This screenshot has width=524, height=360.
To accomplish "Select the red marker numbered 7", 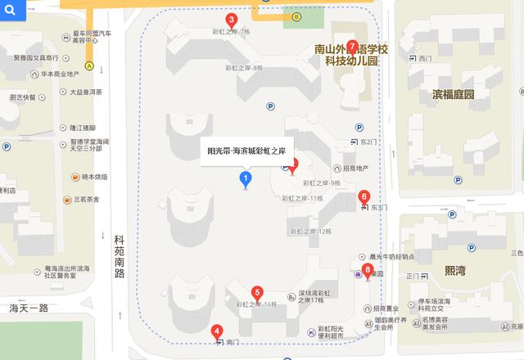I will (x=351, y=47).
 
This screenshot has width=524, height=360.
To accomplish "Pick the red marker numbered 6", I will (x=364, y=197).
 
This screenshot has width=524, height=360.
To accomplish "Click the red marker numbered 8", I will (x=367, y=270).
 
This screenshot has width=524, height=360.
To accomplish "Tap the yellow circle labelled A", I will (x=88, y=65).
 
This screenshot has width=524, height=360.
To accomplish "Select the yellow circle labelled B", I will (x=296, y=16).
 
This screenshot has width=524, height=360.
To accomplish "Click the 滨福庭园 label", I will (x=454, y=94).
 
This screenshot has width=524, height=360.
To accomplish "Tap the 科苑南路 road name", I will (x=120, y=256).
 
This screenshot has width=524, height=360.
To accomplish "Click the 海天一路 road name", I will (x=25, y=308).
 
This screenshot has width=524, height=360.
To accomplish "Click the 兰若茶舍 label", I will (x=87, y=199).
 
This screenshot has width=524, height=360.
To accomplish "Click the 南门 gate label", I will (x=232, y=341).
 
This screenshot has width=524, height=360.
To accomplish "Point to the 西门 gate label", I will (x=423, y=59).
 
